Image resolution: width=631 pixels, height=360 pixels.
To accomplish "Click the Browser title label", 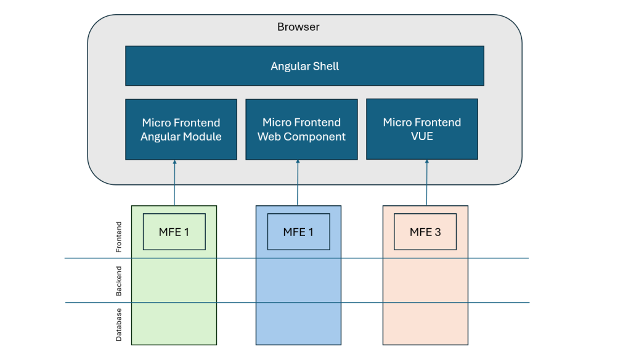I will pos(298,27).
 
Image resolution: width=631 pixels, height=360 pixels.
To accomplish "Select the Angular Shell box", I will pos(304,66).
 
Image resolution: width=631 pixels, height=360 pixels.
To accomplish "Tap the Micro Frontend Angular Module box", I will pos(181,129).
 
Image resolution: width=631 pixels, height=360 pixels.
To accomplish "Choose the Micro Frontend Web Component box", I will pos(301,129).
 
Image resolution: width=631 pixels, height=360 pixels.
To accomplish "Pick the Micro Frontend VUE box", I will pos(421,129).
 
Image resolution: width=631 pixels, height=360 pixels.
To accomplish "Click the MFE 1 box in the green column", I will pos(174,232).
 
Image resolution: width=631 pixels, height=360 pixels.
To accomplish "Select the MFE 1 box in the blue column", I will pos(298,232).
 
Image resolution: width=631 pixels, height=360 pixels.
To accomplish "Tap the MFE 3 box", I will pos(425,232).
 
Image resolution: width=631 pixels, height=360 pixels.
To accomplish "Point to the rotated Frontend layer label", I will pos(119,237).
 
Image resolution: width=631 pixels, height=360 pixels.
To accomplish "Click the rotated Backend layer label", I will pos(119,281).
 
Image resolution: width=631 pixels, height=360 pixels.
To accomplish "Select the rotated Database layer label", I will pos(119,325).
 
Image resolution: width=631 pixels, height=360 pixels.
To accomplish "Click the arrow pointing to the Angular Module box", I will pos(174,182).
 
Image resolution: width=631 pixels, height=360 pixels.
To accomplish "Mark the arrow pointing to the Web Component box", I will pos(298,182).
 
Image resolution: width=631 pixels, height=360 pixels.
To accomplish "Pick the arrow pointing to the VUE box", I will pos(426,182).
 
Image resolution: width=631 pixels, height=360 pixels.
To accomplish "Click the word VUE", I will pos(421,136).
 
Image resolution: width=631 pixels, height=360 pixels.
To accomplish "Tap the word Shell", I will pos(325,66).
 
